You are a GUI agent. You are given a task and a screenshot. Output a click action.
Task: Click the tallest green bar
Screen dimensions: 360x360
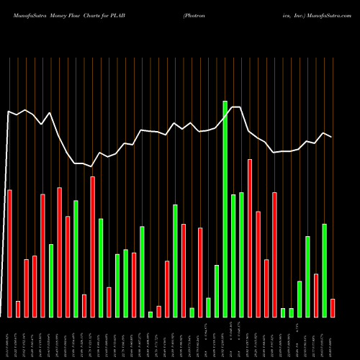(x=225, y=209)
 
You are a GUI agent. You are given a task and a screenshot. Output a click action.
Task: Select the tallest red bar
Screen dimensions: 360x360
(x=250, y=238)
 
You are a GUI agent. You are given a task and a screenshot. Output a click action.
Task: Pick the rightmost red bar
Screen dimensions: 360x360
(x=333, y=308)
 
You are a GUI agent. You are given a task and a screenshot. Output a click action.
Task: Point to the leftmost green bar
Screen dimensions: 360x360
(x=51, y=281)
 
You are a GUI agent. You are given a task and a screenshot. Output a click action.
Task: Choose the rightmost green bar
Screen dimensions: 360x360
(x=325, y=271)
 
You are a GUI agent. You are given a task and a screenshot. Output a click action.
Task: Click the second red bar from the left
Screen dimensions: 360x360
(x=18, y=310)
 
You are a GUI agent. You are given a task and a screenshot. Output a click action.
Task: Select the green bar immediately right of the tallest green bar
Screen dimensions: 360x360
(x=233, y=256)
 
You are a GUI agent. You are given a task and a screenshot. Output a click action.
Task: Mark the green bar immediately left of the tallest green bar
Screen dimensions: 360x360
(x=217, y=291)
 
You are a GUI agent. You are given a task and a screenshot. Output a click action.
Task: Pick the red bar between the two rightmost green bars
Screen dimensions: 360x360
(x=316, y=295)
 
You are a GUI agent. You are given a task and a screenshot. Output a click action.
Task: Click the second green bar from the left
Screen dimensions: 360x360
(x=76, y=258)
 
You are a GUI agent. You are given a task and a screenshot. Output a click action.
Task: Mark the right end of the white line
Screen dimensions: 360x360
(x=332, y=137)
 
